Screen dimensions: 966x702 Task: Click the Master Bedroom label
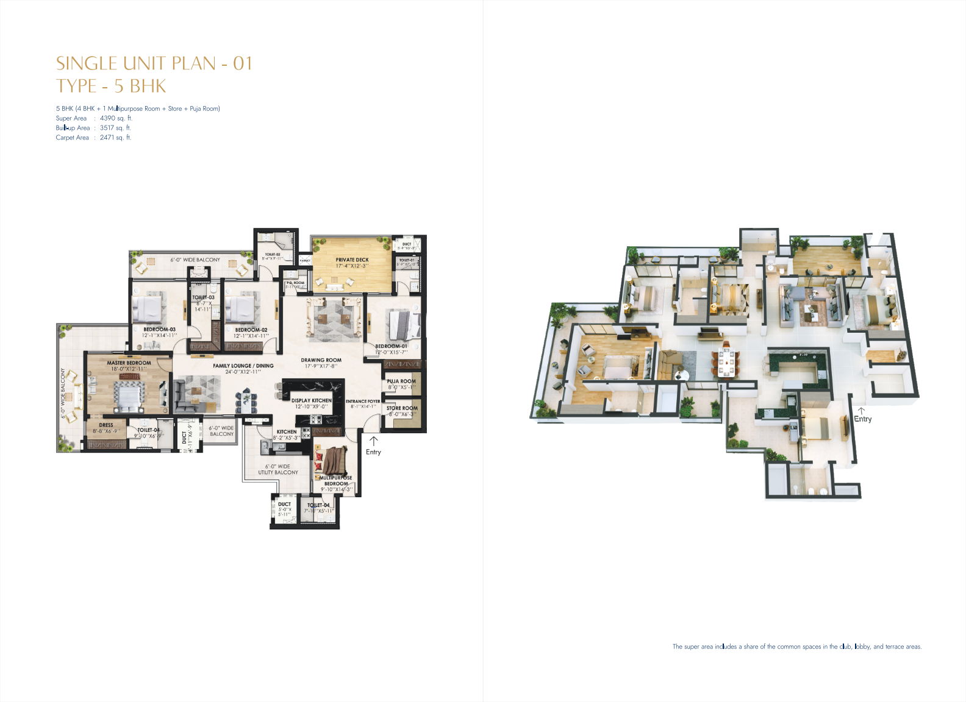coord(129,363)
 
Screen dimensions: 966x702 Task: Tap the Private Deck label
coord(352,260)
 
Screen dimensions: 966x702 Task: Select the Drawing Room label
coord(321,360)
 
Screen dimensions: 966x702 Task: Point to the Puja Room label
coord(401,381)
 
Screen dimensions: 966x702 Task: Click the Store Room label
coord(402,408)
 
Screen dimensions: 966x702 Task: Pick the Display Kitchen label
coord(311,401)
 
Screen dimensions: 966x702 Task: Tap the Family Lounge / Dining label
coord(243,366)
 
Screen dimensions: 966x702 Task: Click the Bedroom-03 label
coord(159,330)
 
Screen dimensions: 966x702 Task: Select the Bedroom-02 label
coord(251,330)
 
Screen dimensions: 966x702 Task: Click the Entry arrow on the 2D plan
coord(373,441)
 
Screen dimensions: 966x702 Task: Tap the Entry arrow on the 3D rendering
coord(861,411)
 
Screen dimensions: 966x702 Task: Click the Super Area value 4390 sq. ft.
coord(116,118)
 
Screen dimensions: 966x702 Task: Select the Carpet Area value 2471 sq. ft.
coord(115,138)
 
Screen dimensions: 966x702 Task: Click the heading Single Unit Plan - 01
coord(154,63)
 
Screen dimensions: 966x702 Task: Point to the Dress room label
coord(106,425)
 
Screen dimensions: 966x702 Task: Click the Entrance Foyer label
coord(363,402)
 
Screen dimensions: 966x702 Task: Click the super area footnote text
coord(796,647)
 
